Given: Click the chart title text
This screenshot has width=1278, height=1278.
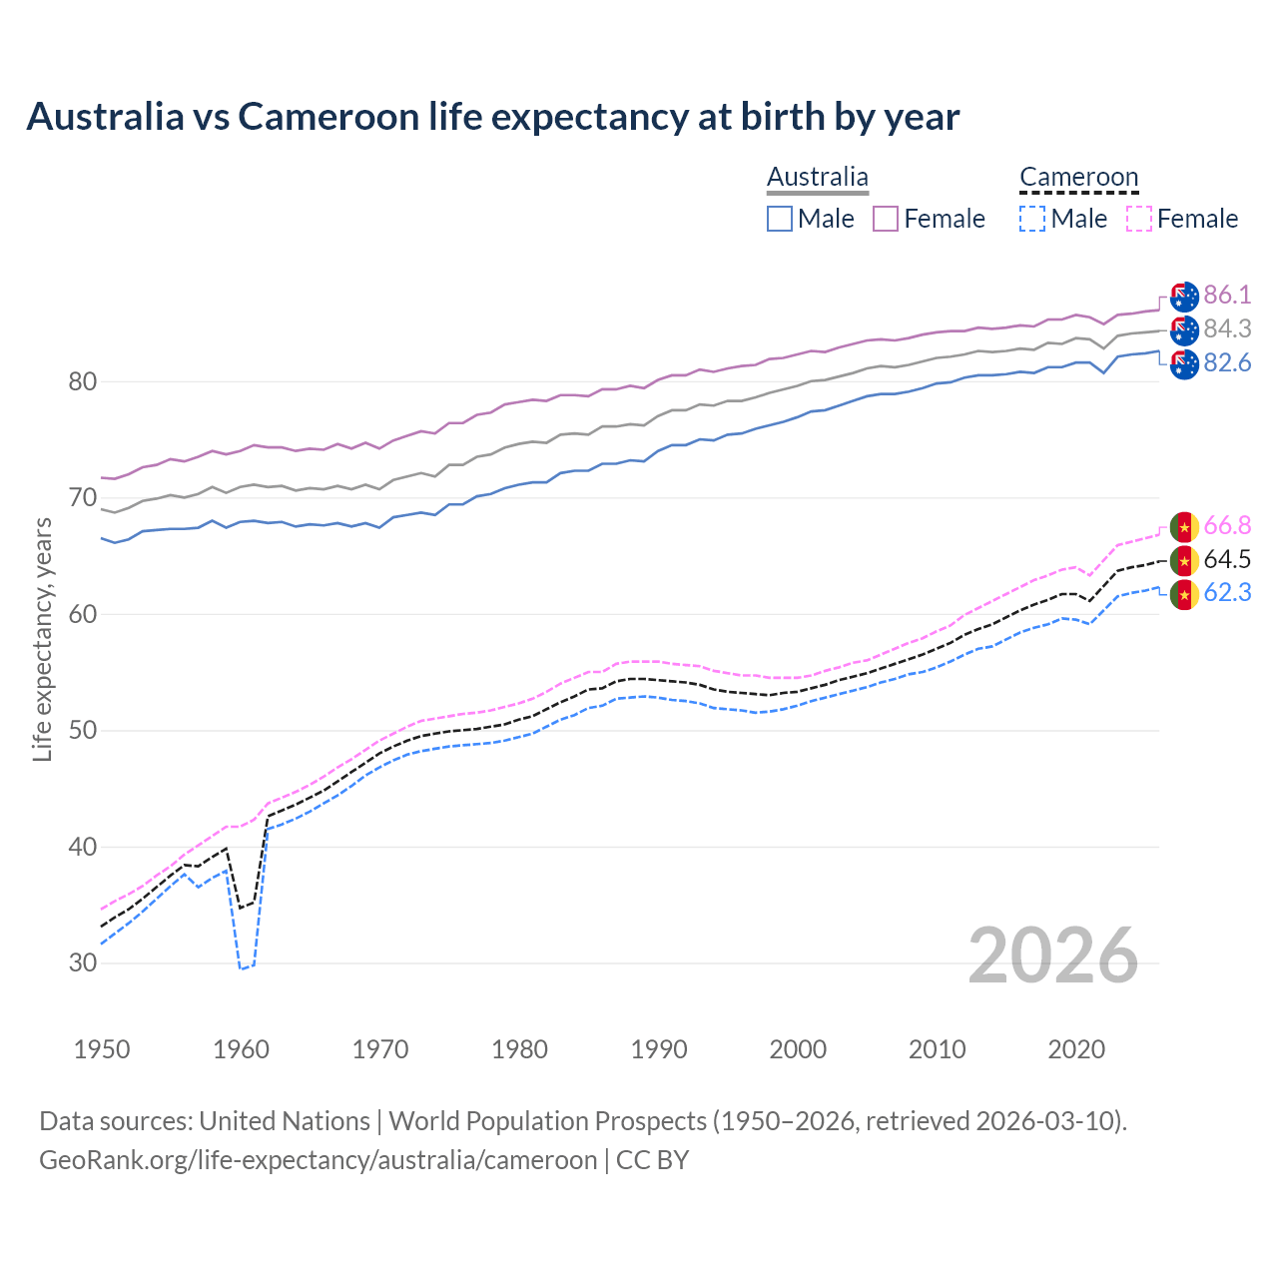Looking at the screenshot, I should point(492,117).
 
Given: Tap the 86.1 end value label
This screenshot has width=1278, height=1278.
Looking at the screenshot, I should point(1227,295).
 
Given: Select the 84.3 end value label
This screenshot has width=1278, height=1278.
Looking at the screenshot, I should point(1227,328).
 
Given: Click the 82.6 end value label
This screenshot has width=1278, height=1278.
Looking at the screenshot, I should point(1227,362).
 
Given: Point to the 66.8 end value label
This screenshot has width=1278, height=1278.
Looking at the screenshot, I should point(1227,525).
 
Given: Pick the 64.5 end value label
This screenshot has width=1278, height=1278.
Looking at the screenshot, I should point(1227,559).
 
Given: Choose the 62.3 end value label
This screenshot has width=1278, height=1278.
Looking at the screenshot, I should point(1227,592).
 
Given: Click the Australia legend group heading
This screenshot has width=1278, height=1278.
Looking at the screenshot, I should point(818,178).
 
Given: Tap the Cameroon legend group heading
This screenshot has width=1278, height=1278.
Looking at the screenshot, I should point(1078,178).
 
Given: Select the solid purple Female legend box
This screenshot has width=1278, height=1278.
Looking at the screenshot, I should point(886,219).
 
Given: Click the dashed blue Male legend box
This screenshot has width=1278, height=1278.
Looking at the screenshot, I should point(1032,219).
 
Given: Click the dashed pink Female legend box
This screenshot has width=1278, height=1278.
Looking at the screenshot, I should point(1139,219).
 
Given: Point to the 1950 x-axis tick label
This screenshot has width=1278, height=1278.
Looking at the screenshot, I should point(102,1049).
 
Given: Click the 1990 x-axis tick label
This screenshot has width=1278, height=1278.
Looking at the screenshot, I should point(659,1049).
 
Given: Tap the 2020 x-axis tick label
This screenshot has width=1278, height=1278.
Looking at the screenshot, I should point(1076,1049).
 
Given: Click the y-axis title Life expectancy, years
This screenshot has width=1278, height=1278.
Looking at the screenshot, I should point(42,639).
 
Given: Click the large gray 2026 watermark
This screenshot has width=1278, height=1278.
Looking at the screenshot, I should point(1052,956).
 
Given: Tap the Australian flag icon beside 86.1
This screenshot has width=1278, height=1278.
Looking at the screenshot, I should point(1184,297).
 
